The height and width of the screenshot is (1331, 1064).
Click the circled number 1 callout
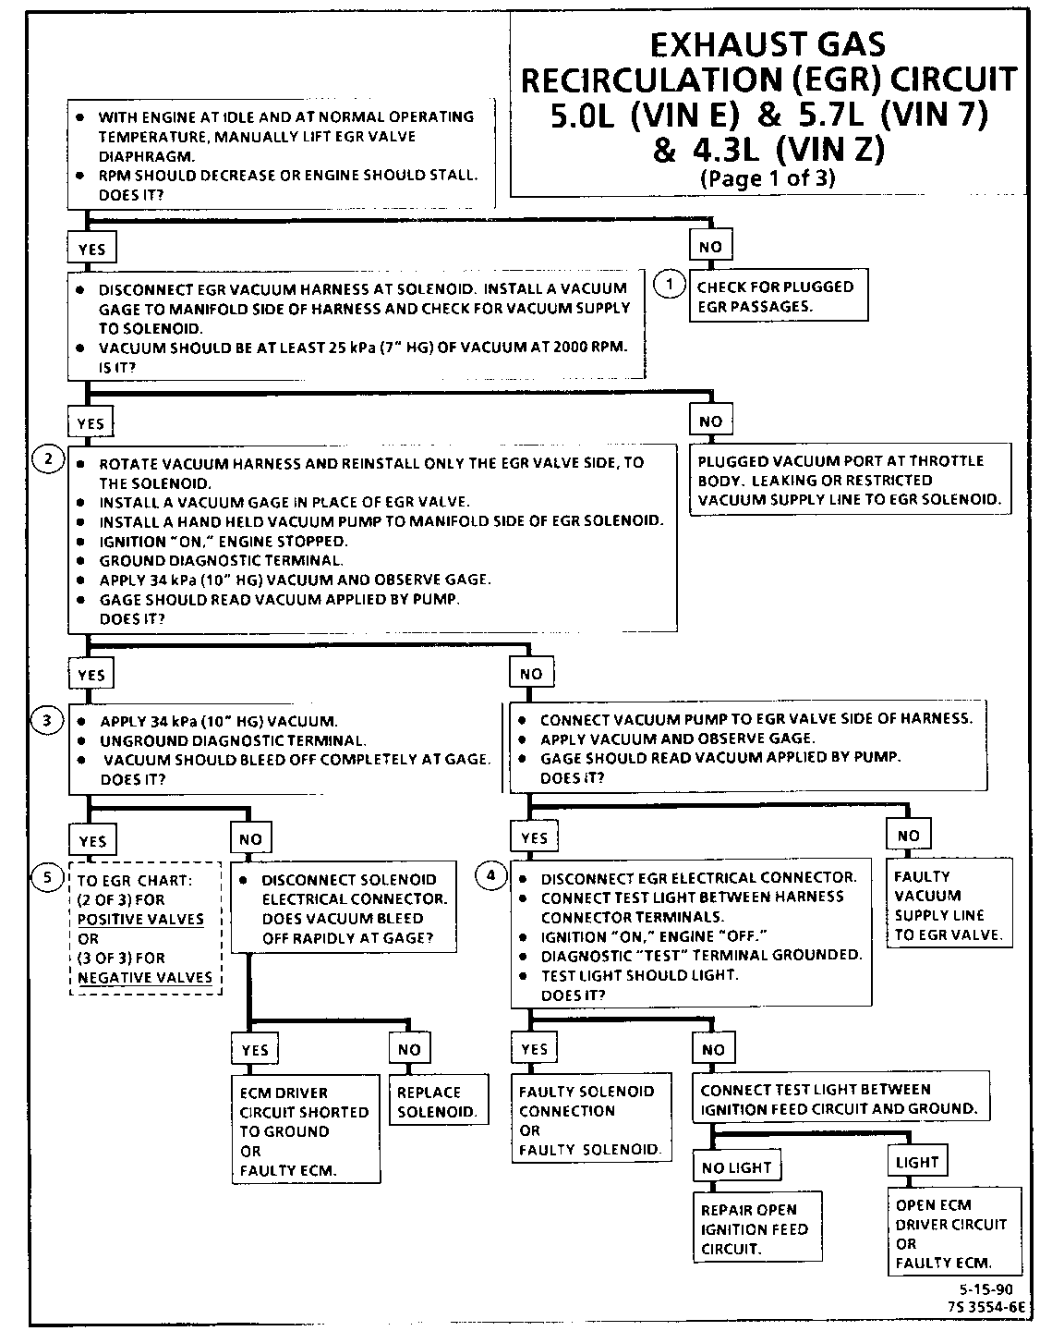670,285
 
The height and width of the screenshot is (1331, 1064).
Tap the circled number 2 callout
47,458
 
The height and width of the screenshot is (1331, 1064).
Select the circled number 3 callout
47,719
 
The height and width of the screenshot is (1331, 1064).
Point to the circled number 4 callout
491,874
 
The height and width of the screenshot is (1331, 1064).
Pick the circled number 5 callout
47,876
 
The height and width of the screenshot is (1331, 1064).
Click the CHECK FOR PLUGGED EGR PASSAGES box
778,296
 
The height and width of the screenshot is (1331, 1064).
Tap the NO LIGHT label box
736,1167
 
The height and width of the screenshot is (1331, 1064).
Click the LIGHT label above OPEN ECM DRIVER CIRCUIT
917,1162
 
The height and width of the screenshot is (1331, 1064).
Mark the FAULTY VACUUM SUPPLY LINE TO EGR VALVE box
949,905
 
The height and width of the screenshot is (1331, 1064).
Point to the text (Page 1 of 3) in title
767,178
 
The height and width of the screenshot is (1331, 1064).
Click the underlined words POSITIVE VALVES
140,919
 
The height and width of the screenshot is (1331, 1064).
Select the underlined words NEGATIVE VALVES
144,977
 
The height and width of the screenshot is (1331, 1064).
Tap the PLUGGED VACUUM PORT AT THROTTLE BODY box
849,480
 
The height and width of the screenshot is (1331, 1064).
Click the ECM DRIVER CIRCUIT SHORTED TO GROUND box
305,1130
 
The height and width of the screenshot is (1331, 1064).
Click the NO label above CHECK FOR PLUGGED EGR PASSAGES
710,247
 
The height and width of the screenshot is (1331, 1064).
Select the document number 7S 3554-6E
985,1307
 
